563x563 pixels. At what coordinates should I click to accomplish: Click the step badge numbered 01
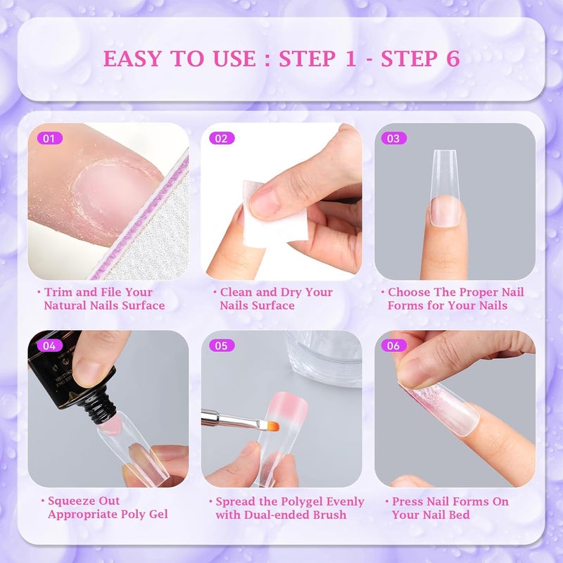pos(48,139)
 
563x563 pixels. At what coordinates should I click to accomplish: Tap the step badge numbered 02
pos(221,139)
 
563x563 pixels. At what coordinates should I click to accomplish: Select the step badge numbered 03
pos(393,139)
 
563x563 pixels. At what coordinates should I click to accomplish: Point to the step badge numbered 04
pos(48,346)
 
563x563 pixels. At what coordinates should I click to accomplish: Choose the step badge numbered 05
pos(221,346)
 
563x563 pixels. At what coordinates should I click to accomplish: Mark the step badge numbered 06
pos(393,346)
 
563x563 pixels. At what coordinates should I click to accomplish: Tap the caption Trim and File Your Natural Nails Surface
pos(104,298)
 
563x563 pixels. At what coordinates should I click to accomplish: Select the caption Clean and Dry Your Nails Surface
pos(276,298)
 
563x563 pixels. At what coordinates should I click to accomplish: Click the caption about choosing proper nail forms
pos(455,298)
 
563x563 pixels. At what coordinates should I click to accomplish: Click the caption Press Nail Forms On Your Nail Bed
pos(449,507)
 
